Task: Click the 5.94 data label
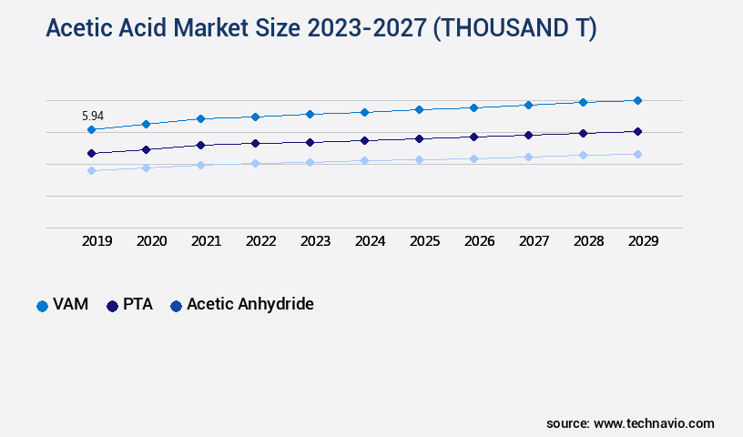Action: (x=93, y=116)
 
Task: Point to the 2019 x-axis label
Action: (x=97, y=241)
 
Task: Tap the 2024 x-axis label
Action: (x=371, y=241)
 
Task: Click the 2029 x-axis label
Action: (x=644, y=241)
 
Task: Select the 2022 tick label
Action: (x=261, y=241)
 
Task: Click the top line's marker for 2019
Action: (x=91, y=129)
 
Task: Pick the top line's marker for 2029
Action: (x=637, y=100)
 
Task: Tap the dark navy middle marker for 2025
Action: (x=419, y=138)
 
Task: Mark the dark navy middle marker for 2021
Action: (x=200, y=145)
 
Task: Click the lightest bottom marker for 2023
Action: (x=310, y=162)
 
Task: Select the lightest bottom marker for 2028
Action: (x=583, y=155)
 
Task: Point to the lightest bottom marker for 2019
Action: (x=91, y=170)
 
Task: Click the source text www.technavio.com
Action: (x=654, y=423)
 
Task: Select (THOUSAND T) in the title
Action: (x=514, y=29)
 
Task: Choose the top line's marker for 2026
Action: (x=473, y=107)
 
